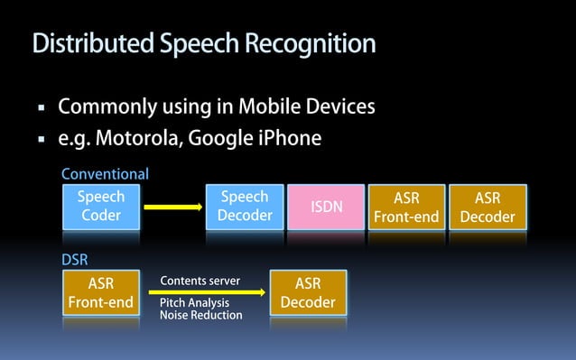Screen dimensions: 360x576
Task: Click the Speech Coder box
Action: tap(100, 207)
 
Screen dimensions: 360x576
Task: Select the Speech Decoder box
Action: tap(245, 207)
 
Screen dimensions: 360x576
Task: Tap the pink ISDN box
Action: tap(327, 207)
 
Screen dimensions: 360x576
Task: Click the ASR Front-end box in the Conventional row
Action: tap(406, 207)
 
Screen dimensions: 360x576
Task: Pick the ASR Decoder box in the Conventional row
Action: tap(488, 207)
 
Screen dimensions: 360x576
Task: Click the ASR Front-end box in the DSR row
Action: tap(100, 292)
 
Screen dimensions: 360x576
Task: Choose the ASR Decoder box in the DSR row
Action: tap(308, 292)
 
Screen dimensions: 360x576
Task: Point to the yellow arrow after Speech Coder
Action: tap(172, 207)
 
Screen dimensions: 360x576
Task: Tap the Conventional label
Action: tap(105, 173)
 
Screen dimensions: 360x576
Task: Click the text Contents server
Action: tap(200, 281)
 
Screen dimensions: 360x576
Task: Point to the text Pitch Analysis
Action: tap(194, 303)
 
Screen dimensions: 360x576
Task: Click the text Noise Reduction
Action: tap(200, 316)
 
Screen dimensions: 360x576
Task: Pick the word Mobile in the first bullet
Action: tap(273, 107)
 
